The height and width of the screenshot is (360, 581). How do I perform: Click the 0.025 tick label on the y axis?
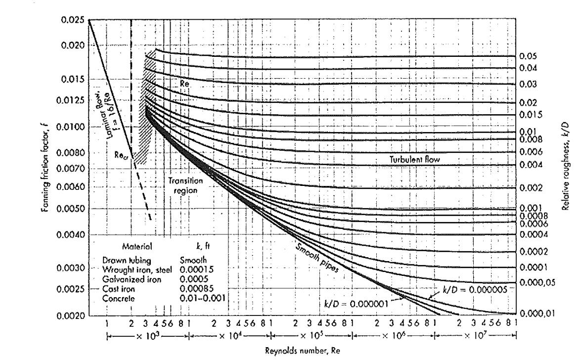73,20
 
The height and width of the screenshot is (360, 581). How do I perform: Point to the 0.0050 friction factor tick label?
70,208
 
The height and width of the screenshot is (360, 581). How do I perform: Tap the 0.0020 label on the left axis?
70,316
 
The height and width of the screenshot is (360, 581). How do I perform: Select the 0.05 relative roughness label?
528,56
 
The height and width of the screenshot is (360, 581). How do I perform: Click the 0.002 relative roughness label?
531,188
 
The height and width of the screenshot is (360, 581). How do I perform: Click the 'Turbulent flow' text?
415,159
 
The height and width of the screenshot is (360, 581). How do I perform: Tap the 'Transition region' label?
185,185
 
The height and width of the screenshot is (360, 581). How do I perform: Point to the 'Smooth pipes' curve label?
317,259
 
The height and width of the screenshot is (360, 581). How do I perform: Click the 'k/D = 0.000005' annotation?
475,290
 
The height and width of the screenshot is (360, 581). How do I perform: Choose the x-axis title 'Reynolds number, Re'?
302,351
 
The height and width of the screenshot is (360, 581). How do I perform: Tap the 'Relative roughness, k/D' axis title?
566,167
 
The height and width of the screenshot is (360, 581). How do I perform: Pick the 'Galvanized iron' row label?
132,279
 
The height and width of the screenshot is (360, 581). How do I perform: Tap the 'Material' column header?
137,247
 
